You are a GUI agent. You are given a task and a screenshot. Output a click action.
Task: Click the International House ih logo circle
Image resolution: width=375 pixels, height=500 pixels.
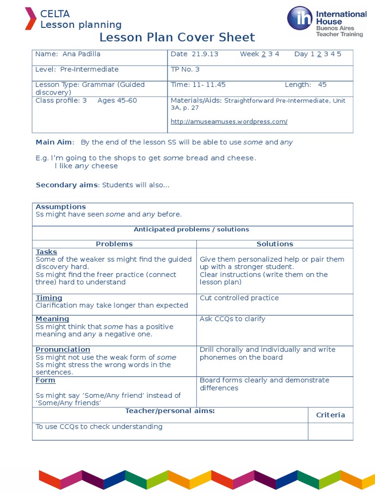click(x=299, y=18)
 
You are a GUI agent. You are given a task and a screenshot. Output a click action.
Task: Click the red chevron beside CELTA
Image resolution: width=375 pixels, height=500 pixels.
click(x=30, y=19)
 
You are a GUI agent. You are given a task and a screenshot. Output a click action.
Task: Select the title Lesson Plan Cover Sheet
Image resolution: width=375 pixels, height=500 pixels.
click(x=177, y=37)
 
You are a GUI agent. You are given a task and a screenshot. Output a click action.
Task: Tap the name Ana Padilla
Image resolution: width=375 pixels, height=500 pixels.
click(x=81, y=54)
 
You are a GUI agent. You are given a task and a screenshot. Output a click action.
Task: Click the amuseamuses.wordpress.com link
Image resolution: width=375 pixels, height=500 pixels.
click(x=229, y=122)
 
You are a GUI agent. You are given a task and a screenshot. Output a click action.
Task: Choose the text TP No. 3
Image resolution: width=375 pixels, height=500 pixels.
click(x=185, y=69)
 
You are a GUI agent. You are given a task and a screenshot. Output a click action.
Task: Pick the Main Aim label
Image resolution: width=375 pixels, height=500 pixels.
click(x=55, y=142)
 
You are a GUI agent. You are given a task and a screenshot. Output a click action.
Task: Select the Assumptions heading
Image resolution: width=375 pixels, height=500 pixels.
click(x=61, y=207)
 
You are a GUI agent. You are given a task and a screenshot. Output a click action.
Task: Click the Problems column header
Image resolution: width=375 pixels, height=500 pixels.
click(x=114, y=244)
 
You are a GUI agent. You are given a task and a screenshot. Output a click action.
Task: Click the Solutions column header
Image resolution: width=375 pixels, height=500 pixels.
click(x=275, y=244)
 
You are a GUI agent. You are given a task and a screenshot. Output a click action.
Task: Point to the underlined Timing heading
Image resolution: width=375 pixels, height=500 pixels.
click(x=49, y=298)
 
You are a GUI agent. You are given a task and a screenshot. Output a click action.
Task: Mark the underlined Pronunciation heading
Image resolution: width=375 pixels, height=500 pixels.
click(x=63, y=350)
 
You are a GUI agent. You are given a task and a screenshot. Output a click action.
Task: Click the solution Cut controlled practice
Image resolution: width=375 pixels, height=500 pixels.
click(x=239, y=298)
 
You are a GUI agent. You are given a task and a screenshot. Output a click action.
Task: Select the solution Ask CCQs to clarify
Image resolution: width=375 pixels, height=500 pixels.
click(x=232, y=319)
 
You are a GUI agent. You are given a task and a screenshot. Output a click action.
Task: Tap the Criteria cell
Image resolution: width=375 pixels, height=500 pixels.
click(x=331, y=415)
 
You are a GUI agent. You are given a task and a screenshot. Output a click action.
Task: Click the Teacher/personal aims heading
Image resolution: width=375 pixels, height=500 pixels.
click(x=170, y=411)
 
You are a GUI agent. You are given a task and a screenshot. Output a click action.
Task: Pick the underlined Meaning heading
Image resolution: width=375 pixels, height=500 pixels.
click(x=52, y=319)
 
